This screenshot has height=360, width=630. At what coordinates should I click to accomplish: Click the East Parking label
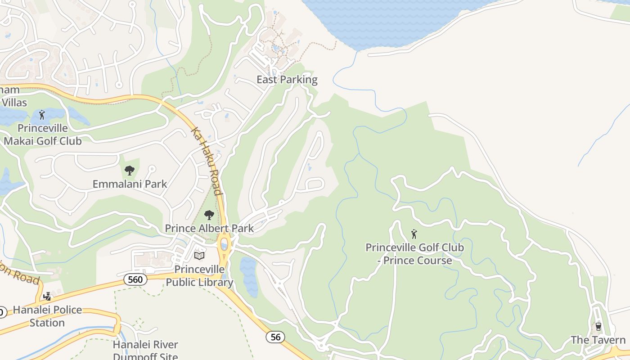(x=287, y=80)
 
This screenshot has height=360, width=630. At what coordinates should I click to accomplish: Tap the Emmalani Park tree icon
(x=130, y=171)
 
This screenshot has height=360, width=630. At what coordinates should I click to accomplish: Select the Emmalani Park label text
(x=130, y=184)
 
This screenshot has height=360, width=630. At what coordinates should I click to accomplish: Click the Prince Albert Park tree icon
(x=209, y=215)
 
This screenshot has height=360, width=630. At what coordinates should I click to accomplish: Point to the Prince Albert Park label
(x=209, y=228)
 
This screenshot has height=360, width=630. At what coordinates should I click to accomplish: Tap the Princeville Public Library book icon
(x=199, y=256)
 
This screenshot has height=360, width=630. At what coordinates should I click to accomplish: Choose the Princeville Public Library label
(x=199, y=276)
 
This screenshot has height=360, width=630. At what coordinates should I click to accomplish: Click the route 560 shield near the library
(x=135, y=280)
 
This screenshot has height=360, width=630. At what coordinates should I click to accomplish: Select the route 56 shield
(x=275, y=337)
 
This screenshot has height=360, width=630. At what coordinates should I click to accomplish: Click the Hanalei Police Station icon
(x=47, y=296)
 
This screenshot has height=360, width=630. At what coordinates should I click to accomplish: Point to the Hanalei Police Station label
(x=47, y=316)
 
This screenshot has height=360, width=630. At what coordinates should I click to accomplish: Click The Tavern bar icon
(x=598, y=326)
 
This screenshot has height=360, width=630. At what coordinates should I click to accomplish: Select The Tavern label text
(x=598, y=340)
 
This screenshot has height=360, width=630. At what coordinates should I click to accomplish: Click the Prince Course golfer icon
(x=414, y=234)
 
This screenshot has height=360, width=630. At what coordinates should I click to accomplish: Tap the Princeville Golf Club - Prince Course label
(x=414, y=254)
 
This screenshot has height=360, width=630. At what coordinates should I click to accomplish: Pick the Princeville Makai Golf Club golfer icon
(x=42, y=115)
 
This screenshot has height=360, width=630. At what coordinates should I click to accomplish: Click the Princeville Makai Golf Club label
(x=43, y=135)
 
